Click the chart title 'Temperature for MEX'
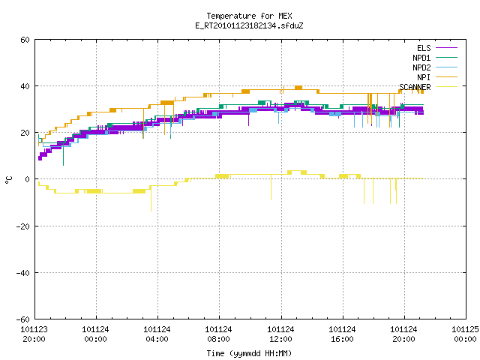tap(249, 16)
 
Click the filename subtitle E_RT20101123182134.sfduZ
tap(249, 25)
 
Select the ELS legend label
tap(424, 48)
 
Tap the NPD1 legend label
tap(421, 58)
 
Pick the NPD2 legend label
tap(421, 67)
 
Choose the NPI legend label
tap(424, 77)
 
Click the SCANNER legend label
tap(415, 87)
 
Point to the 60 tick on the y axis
tap(25, 40)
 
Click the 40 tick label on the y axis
tap(25, 86)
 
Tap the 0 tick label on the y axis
tap(28, 179)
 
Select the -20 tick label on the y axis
tap(23, 226)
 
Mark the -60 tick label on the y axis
tap(23, 319)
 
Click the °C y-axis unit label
tap(9, 180)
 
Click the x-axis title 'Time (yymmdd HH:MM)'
tap(249, 353)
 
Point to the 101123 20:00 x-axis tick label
tap(34, 334)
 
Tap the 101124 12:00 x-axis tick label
tap(280, 334)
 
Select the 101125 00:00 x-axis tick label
tap(465, 334)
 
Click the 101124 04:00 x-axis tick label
tap(157, 334)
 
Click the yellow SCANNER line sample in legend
tap(446, 87)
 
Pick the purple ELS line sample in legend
tap(446, 48)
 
